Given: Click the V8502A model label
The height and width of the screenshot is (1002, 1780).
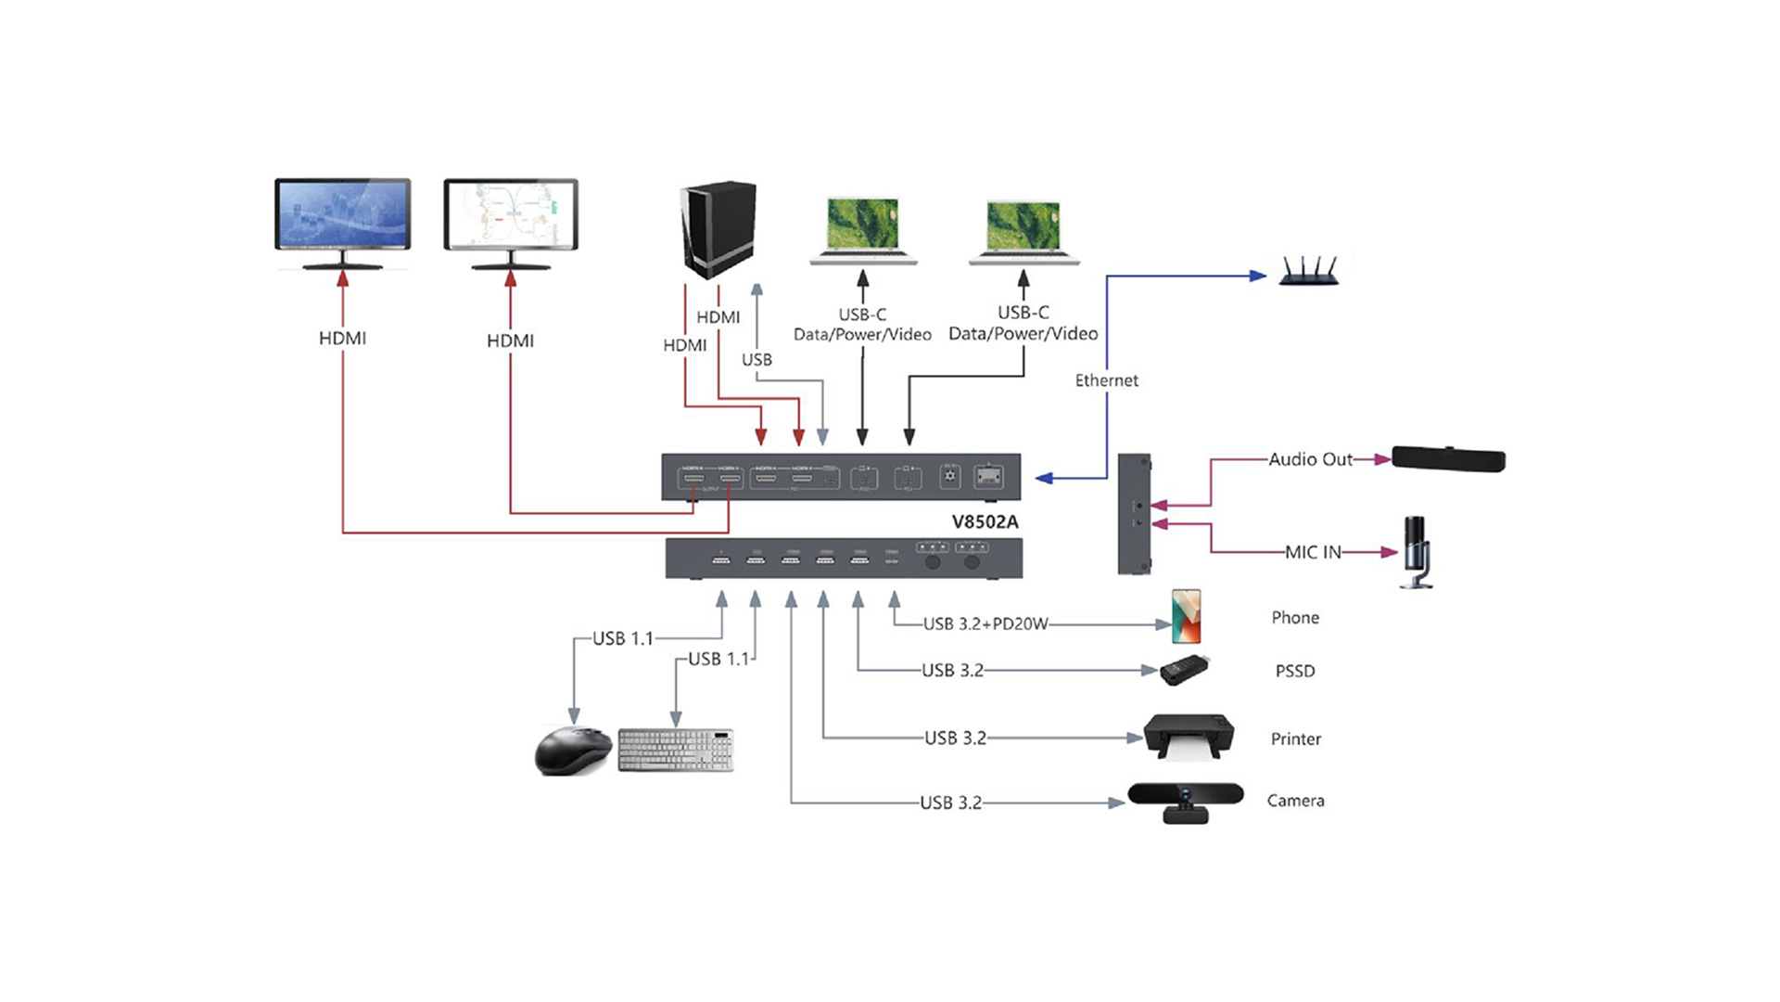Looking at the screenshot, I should coord(985,521).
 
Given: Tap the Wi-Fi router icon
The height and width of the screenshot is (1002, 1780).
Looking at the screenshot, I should coord(1308,271).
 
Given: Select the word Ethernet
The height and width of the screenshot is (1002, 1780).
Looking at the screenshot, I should coord(1106,380).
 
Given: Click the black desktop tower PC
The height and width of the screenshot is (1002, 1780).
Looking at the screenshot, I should coord(718,229).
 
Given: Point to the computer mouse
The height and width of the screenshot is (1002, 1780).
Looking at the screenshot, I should coord(573,750).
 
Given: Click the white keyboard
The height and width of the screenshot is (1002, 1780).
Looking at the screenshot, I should coord(676,750).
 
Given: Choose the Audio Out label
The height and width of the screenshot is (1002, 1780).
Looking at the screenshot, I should coord(1310,459).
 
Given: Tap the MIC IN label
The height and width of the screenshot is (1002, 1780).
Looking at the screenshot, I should coord(1313,552).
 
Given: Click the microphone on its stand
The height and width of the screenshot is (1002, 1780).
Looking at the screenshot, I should coord(1416,552).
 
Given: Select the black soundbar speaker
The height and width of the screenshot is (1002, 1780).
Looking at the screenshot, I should coord(1448,458).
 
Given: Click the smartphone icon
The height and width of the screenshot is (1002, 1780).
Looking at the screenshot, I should coord(1186,616).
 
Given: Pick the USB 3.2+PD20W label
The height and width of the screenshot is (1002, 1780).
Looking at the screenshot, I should coord(985,623).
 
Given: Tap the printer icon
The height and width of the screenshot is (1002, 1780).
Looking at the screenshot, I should coord(1188,737).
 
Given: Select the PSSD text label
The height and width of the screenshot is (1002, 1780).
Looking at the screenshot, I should coord(1294,671).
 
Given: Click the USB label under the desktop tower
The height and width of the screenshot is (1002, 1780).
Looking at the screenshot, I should coord(756,359).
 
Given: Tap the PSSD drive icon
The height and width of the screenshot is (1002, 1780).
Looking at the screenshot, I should coord(1185,670).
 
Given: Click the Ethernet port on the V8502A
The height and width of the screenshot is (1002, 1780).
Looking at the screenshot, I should coord(988,477).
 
